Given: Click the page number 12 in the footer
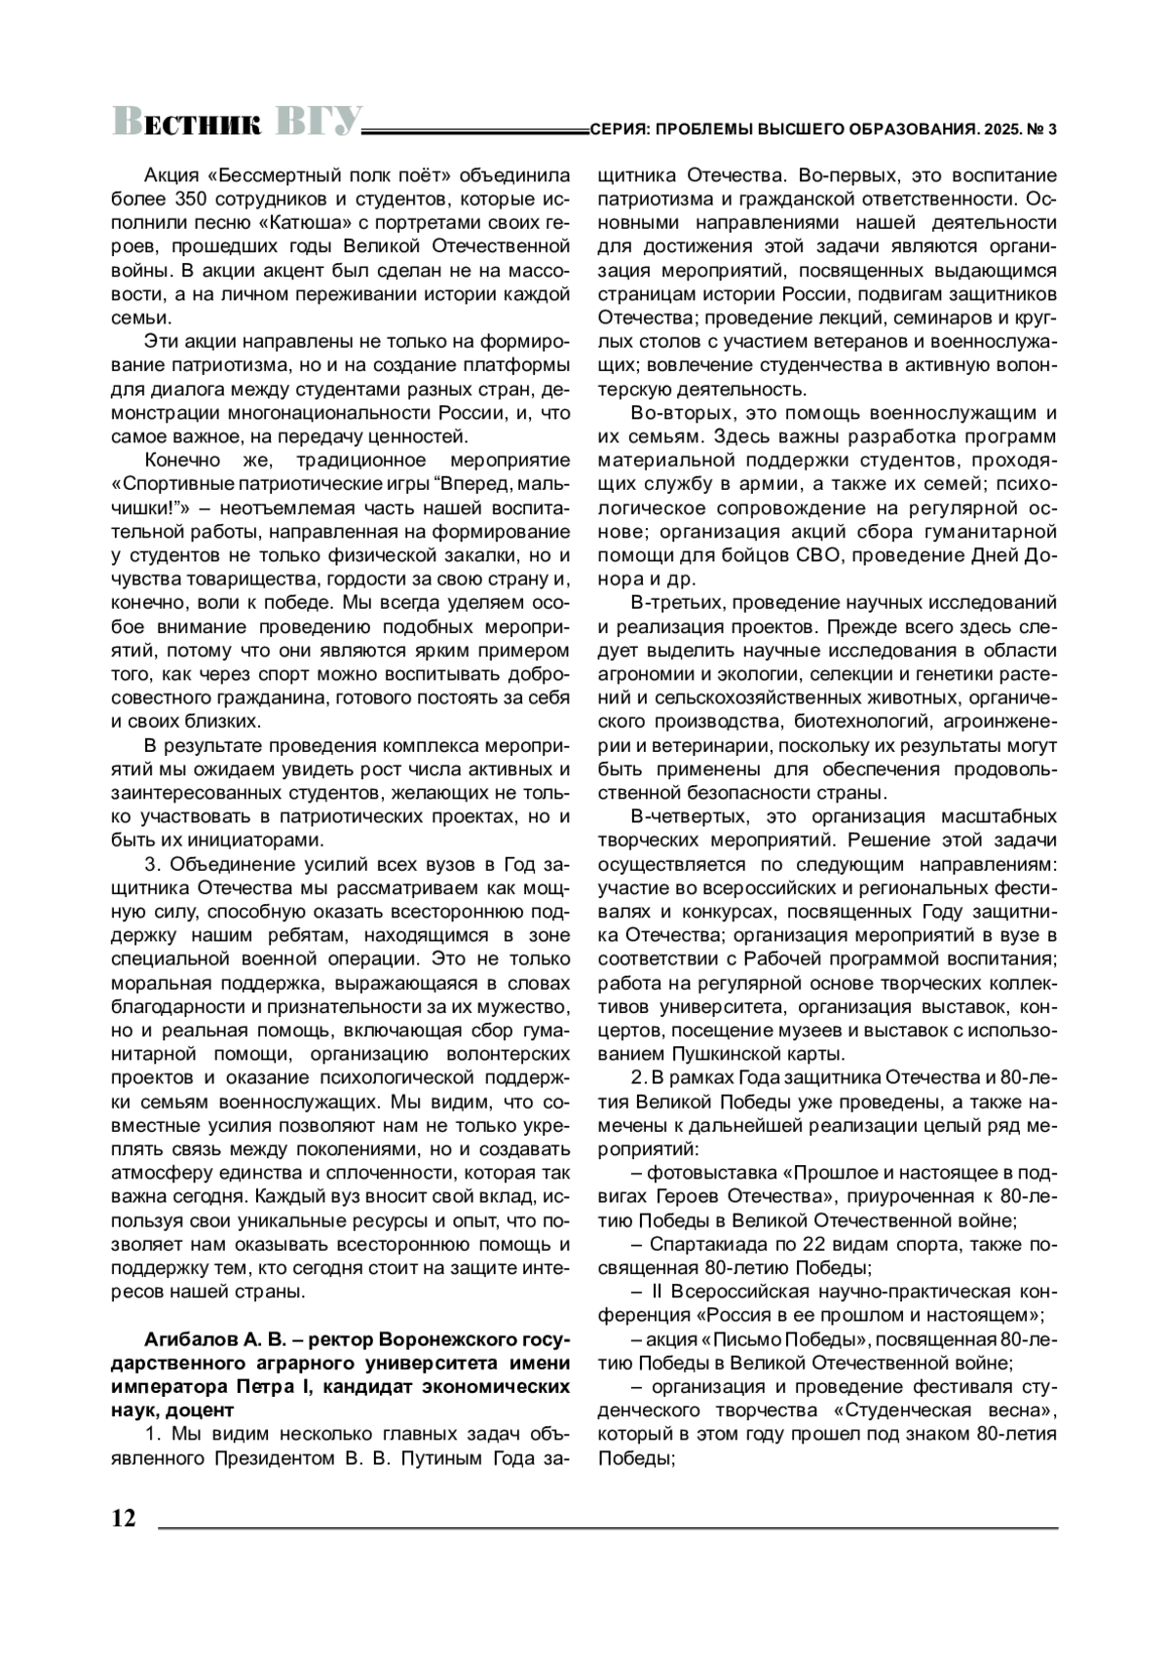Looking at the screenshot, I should [x=124, y=1521].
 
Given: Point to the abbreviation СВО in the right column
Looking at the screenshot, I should [x=810, y=555].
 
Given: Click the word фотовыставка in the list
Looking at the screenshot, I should [x=713, y=1173].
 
